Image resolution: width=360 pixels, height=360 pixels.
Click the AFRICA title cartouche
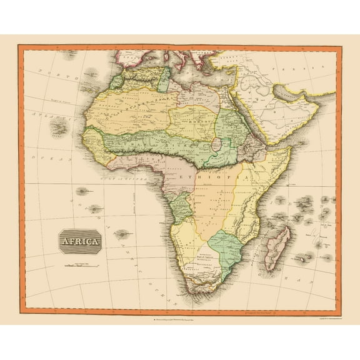tap(79, 241)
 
